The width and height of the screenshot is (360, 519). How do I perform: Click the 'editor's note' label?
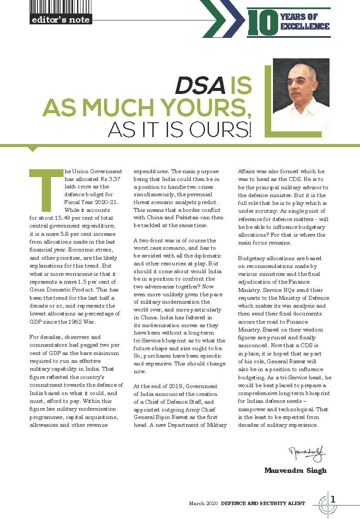pyautogui.click(x=61, y=20)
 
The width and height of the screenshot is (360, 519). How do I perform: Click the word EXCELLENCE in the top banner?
pyautogui.click(x=305, y=27)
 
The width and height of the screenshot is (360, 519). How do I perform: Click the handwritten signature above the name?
pyautogui.click(x=307, y=455)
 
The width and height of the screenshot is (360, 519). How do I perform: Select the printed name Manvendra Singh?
pyautogui.click(x=295, y=470)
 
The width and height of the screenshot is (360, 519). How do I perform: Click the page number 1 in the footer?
pyautogui.click(x=333, y=499)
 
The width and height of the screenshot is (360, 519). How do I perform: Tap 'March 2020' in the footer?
pyautogui.click(x=203, y=503)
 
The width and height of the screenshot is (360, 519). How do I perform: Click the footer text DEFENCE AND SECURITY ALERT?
pyautogui.click(x=263, y=503)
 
